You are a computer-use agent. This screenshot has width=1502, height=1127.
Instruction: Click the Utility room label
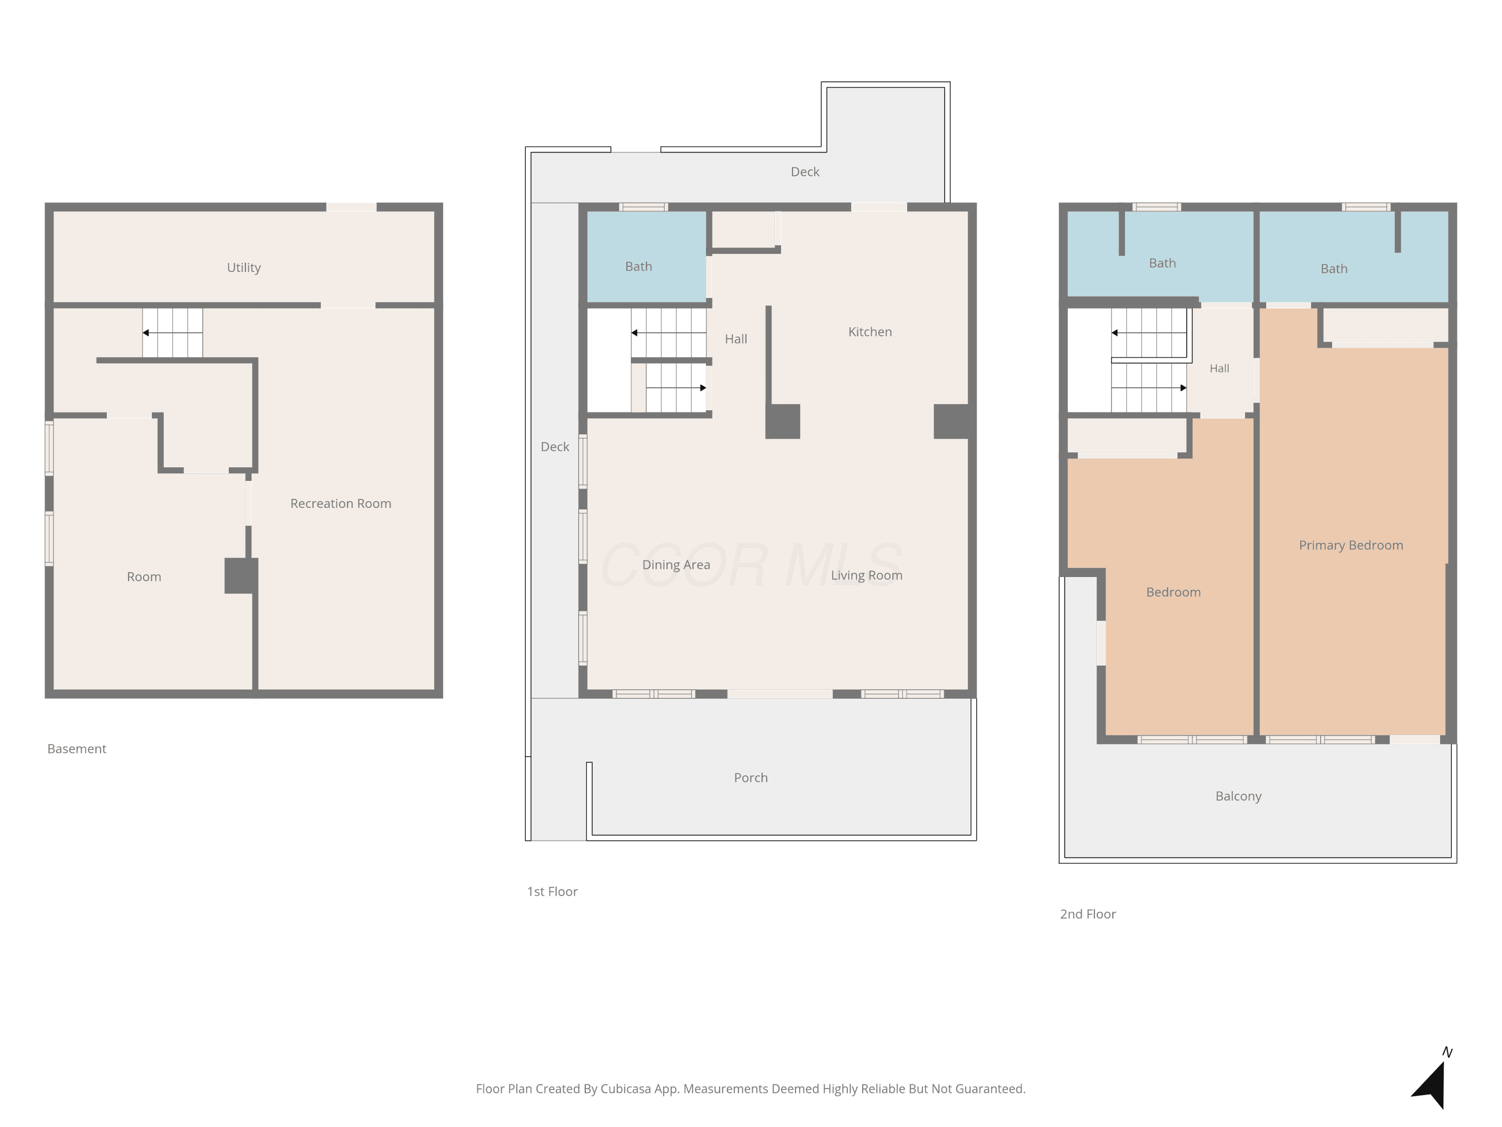[244, 267]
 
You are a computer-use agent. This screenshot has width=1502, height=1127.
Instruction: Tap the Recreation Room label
[341, 503]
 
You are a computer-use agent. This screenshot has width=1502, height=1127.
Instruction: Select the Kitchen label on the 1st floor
[870, 332]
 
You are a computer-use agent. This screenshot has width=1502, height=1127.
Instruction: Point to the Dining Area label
[676, 565]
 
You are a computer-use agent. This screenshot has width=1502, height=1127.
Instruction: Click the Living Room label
[867, 576]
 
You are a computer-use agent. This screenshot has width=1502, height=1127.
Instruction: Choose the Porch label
[751, 778]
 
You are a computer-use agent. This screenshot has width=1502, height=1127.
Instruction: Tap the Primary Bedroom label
[1351, 545]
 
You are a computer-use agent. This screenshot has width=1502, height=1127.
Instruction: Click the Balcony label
[1239, 796]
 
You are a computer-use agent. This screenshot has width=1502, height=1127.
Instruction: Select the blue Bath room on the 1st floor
[646, 256]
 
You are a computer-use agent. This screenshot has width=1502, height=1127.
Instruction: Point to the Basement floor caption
[77, 749]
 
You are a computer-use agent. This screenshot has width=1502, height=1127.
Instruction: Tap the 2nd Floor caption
[1088, 914]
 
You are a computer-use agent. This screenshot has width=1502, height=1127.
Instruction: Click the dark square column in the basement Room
[241, 576]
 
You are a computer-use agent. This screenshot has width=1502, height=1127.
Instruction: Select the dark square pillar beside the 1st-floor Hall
[782, 421]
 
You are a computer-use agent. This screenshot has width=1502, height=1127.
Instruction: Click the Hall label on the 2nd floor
[1220, 368]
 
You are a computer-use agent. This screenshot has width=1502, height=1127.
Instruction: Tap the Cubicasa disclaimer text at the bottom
[751, 1089]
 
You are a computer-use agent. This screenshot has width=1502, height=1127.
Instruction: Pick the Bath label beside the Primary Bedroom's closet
[1334, 269]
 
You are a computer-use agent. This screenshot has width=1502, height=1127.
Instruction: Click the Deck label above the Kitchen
[805, 172]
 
